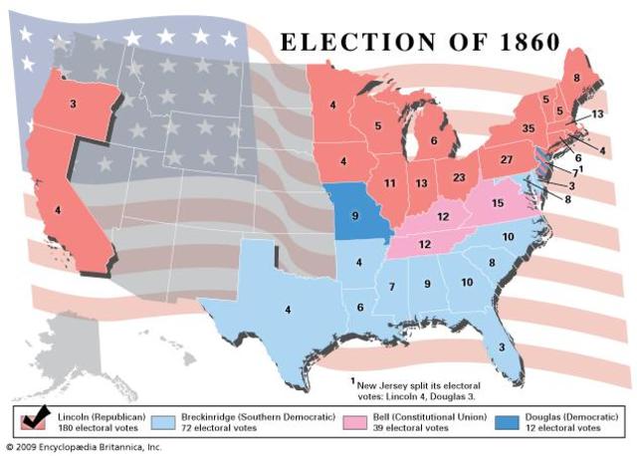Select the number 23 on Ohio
tap(459, 177)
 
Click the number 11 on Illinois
tap(390, 183)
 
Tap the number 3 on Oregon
tap(73, 104)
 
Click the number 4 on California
tap(58, 210)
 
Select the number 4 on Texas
tap(288, 310)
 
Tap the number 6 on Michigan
tap(434, 142)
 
